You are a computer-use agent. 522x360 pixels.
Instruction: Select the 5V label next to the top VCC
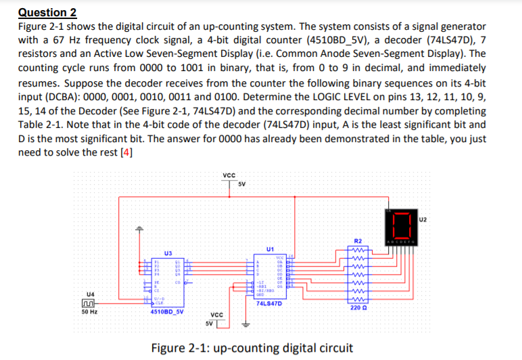(241, 184)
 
